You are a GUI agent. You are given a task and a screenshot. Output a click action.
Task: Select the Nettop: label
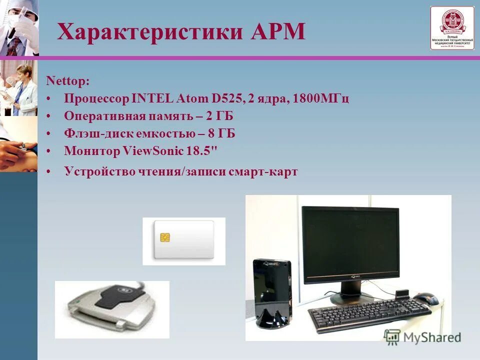(68, 80)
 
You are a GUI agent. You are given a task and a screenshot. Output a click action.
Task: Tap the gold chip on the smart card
(164, 236)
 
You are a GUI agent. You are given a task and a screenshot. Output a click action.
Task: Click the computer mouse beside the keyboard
(425, 298)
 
